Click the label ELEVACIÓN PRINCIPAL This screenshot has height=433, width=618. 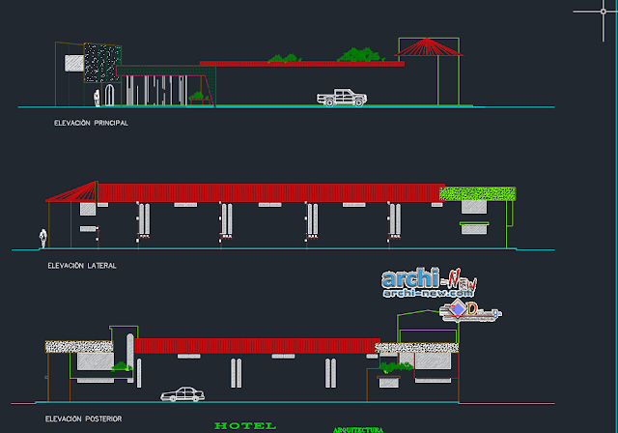93,124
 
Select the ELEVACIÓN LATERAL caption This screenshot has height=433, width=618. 82,265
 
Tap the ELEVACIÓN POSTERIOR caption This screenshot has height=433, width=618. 84,419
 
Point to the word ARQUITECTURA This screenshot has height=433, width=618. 358,428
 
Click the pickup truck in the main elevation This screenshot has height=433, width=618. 341,97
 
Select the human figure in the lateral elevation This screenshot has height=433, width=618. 42,238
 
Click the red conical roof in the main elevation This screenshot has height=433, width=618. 426,47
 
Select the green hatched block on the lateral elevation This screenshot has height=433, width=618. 477,193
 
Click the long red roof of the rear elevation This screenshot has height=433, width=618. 255,345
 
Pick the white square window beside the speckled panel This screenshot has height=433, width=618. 73,64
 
